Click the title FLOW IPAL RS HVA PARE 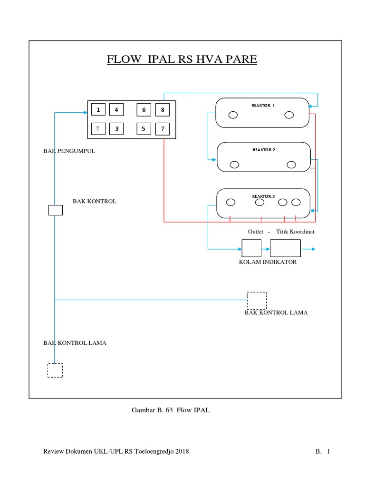(x=182, y=59)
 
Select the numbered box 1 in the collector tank (x=98, y=110)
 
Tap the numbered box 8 (x=162, y=110)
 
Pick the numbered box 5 (x=143, y=128)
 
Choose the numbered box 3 (x=116, y=128)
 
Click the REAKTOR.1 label (x=263, y=105)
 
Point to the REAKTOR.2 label (x=264, y=150)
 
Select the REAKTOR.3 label (x=263, y=196)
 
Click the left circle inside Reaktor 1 (x=233, y=115)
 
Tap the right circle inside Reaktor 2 (x=292, y=165)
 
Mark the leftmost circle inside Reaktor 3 (x=231, y=202)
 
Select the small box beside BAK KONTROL (x=56, y=210)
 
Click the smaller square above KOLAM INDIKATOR (x=251, y=248)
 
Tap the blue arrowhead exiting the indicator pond (x=312, y=249)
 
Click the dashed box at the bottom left (x=55, y=370)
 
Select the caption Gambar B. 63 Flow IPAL (x=170, y=410)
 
